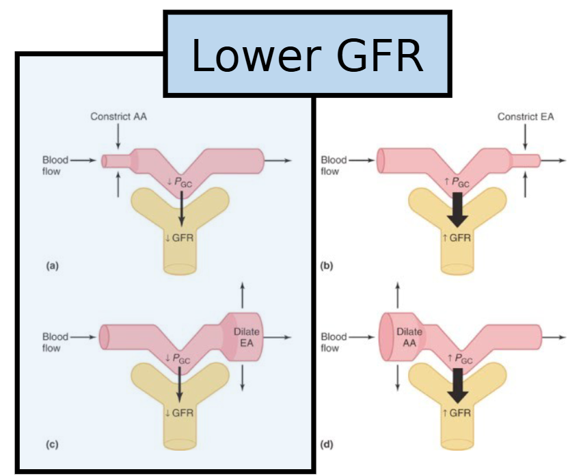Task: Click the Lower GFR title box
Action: tap(307, 54)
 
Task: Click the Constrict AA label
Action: tap(118, 116)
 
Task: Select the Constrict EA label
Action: tap(526, 116)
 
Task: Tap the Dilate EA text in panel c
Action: tap(246, 336)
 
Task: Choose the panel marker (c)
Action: tap(51, 445)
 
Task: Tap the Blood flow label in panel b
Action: tap(334, 166)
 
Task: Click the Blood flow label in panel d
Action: tap(334, 342)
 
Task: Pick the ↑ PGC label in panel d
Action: tap(459, 358)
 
